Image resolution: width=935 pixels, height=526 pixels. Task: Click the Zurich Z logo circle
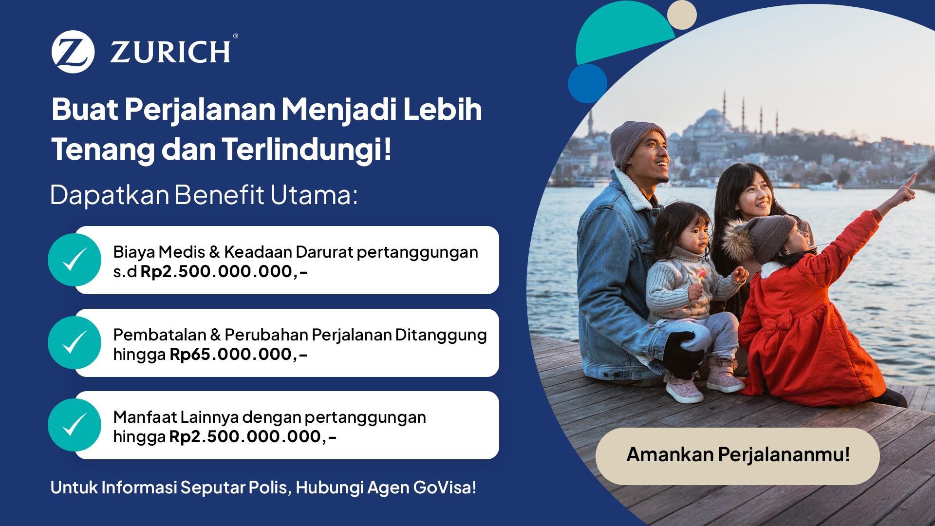click(73, 52)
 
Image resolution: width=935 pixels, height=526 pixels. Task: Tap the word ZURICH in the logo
click(170, 52)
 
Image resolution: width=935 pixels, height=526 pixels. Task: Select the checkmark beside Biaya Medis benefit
click(75, 260)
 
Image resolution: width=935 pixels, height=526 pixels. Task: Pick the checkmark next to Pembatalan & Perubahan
click(75, 342)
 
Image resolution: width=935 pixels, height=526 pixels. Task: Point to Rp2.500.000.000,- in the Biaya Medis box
click(224, 271)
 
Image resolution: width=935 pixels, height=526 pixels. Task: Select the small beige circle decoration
click(682, 15)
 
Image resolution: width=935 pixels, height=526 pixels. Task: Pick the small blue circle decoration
click(587, 83)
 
